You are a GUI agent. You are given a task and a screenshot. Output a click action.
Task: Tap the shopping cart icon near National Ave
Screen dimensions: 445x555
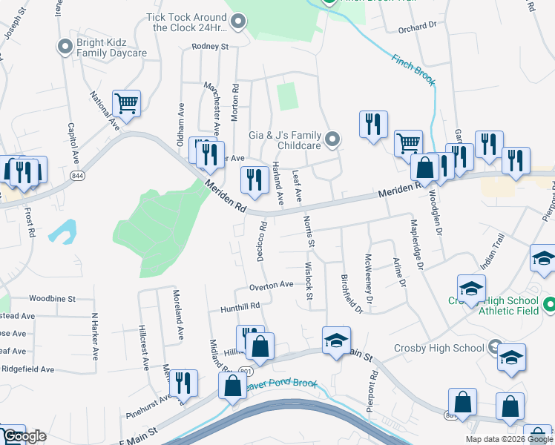tap(126, 105)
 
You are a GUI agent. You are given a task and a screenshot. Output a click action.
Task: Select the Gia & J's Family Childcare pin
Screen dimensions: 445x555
tap(333, 139)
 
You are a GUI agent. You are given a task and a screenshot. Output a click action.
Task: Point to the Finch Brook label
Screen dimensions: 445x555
tap(413, 68)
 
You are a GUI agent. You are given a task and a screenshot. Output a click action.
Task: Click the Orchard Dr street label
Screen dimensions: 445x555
tap(416, 26)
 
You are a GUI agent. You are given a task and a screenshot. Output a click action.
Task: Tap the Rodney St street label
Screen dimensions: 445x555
tap(210, 46)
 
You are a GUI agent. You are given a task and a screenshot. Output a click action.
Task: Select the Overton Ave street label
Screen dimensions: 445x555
tap(272, 285)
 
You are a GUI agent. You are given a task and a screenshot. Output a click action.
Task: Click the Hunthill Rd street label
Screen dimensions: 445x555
tap(240, 306)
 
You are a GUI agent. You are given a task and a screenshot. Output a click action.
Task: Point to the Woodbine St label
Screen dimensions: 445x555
tap(53, 299)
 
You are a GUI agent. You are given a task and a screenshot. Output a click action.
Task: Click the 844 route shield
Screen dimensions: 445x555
tap(77, 175)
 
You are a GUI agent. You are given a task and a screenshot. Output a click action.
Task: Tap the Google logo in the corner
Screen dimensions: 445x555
tap(24, 436)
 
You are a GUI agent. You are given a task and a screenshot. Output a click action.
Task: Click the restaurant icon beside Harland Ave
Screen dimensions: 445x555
tap(254, 179)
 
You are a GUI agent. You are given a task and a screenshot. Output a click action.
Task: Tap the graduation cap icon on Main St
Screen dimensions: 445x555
tap(336, 340)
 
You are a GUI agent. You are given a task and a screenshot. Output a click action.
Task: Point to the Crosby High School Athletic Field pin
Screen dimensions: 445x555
tap(549, 305)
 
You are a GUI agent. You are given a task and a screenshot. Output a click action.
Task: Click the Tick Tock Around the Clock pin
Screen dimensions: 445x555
tap(238, 22)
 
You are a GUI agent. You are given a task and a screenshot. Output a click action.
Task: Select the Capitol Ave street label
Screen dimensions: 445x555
tap(73, 144)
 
